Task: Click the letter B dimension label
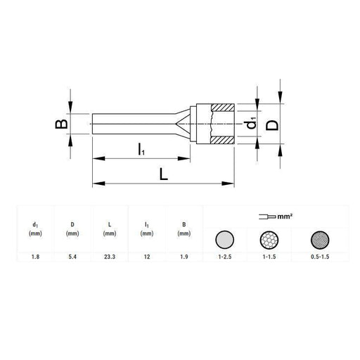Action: coord(61,124)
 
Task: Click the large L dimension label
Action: coord(164,174)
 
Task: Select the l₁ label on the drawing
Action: coord(141,149)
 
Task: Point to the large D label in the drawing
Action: coord(272,125)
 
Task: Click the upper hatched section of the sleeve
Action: coord(223,108)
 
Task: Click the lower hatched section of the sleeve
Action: coord(223,140)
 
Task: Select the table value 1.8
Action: coord(35,257)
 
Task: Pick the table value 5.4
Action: coord(72,257)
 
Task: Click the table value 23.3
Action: coord(110,257)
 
